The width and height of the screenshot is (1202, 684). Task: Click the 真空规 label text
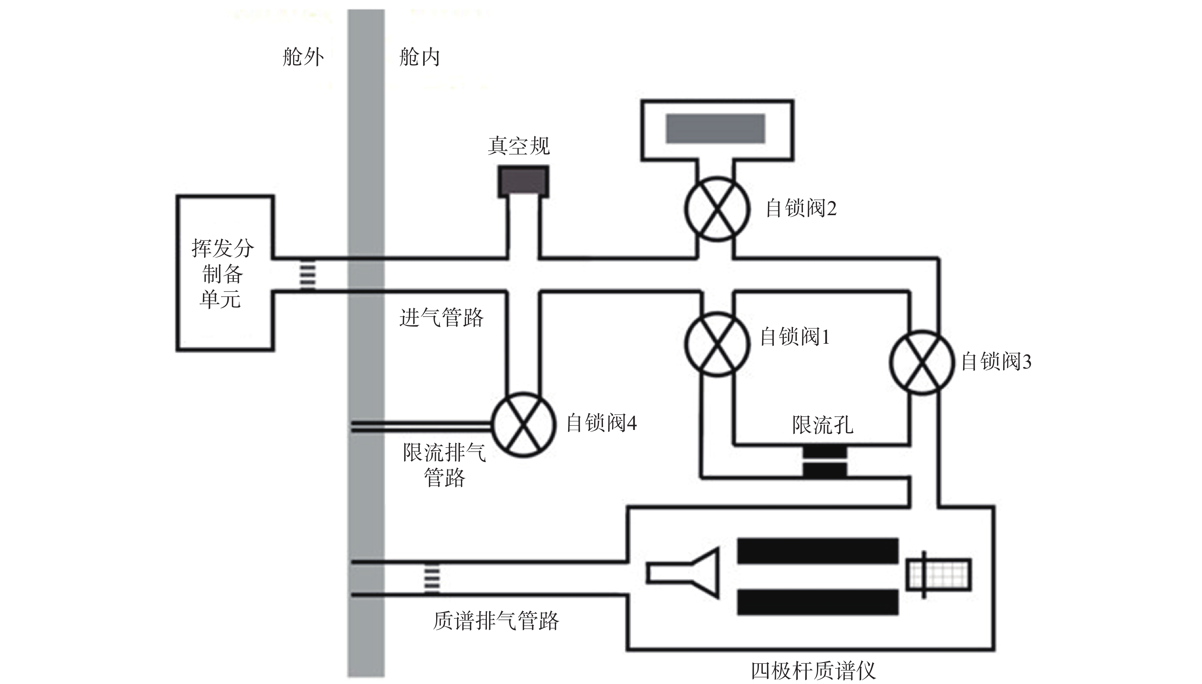pyautogui.click(x=519, y=146)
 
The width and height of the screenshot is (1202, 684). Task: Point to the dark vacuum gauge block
pyautogui.click(x=523, y=180)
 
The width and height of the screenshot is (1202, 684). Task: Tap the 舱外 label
pyautogui.click(x=303, y=57)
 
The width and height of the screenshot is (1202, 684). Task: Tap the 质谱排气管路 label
pyautogui.click(x=496, y=621)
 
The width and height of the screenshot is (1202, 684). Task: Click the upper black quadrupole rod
pyautogui.click(x=818, y=551)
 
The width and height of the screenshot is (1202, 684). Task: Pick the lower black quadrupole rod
pyautogui.click(x=818, y=602)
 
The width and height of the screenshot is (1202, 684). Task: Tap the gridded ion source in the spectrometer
pyautogui.click(x=939, y=574)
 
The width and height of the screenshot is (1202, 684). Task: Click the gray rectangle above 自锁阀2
pyautogui.click(x=715, y=128)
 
